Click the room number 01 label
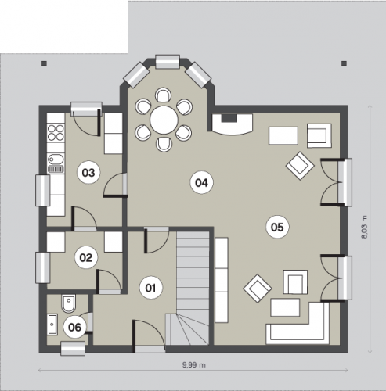[151, 288]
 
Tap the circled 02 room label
[86, 257]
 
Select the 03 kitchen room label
[88, 173]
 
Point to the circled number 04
[201, 183]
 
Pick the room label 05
[277, 227]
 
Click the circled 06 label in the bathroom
[74, 327]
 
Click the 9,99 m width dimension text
[193, 364]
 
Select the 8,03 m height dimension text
[364, 227]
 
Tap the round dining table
[164, 120]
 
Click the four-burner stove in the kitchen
[56, 132]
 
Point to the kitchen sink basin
[56, 159]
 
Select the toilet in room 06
[69, 303]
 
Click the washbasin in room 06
[52, 325]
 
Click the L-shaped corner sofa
[298, 323]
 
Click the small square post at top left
[44, 63]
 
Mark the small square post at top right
[345, 63]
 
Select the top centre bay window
[168, 62]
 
